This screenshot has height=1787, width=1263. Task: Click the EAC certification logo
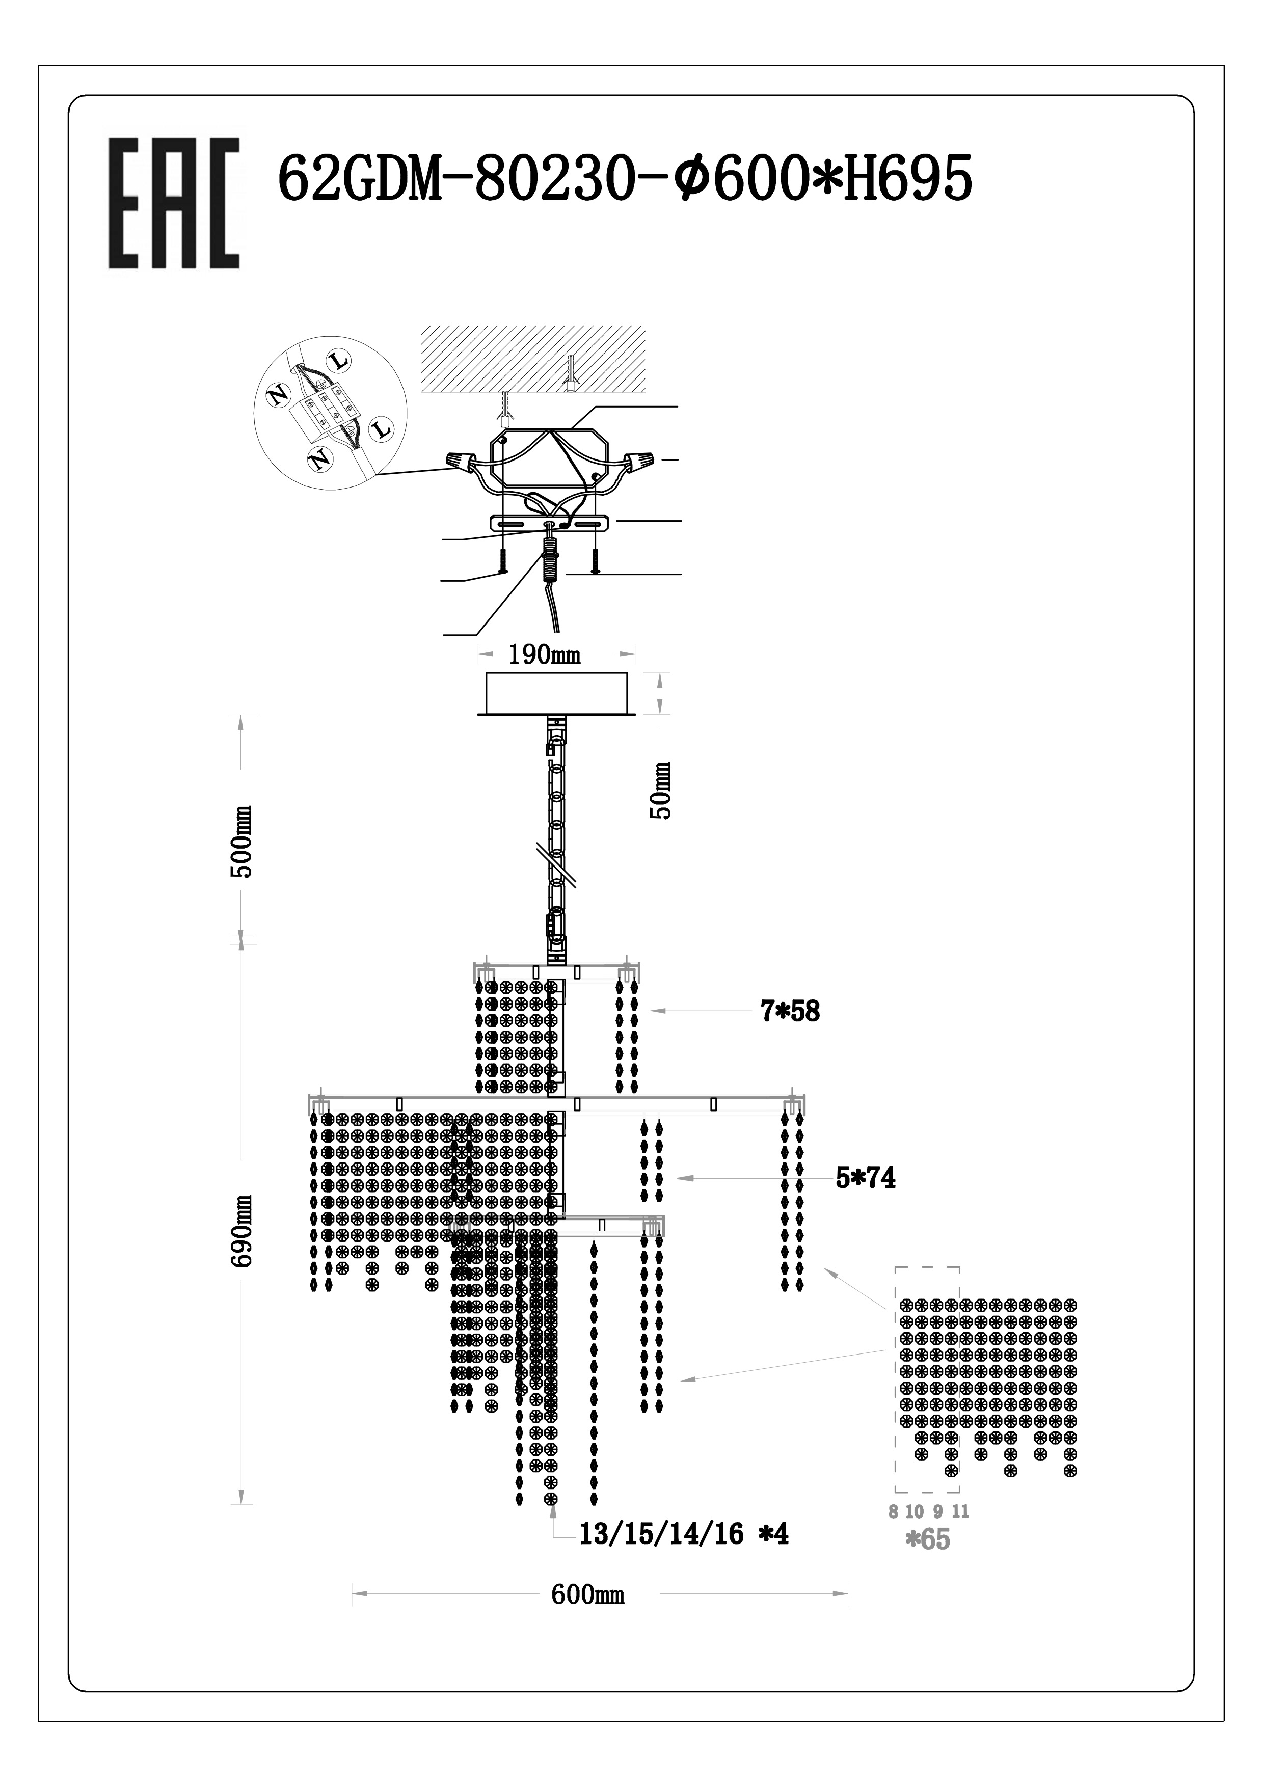click(173, 204)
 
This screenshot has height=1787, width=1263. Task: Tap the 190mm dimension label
click(544, 655)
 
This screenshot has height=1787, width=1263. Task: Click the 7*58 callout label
click(790, 1011)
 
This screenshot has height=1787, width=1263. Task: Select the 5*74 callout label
click(865, 1178)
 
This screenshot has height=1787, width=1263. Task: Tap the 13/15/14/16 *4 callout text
click(683, 1534)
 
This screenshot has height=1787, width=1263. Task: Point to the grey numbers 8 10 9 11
click(928, 1511)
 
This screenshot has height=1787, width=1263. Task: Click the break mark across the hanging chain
click(558, 862)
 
